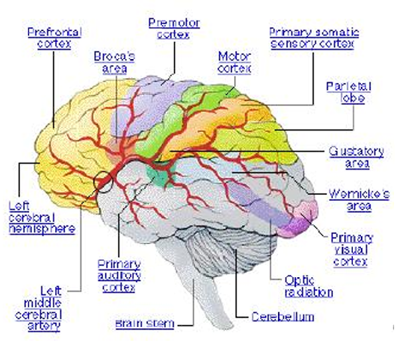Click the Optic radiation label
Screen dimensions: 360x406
[308, 286]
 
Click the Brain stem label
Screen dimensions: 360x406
[145, 324]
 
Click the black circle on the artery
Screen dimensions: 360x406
[105, 180]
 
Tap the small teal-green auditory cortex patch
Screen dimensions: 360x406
[157, 176]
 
